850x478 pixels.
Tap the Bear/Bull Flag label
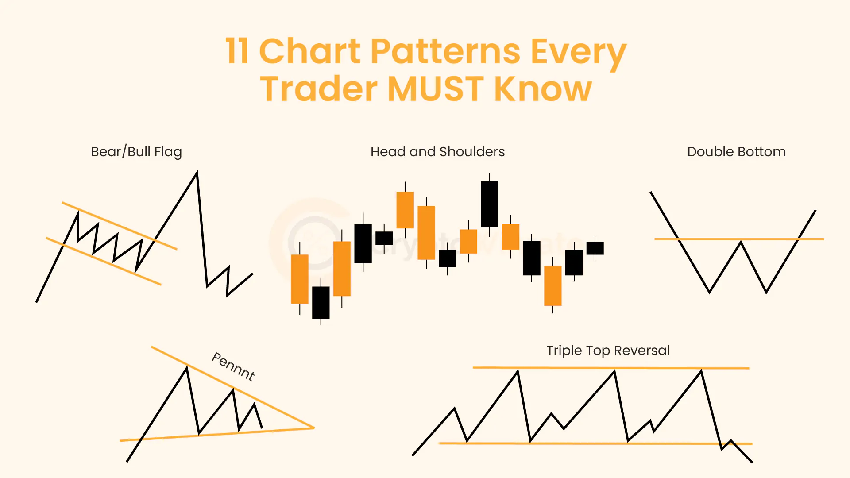pyautogui.click(x=136, y=152)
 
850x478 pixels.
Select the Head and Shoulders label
pyautogui.click(x=437, y=152)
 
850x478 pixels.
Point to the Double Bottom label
pyautogui.click(x=736, y=152)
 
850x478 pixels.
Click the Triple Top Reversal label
pyautogui.click(x=608, y=351)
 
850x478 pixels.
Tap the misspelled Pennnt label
pyautogui.click(x=233, y=366)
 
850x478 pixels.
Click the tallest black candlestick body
pyautogui.click(x=489, y=204)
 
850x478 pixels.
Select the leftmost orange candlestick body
pyautogui.click(x=299, y=279)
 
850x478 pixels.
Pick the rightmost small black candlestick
pyautogui.click(x=595, y=248)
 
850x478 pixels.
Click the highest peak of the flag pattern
pyautogui.click(x=197, y=173)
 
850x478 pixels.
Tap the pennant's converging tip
pyautogui.click(x=313, y=428)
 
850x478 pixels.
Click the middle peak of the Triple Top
pyautogui.click(x=614, y=372)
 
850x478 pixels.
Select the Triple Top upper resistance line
pyautogui.click(x=567, y=367)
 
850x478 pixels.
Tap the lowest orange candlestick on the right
pyautogui.click(x=552, y=286)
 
